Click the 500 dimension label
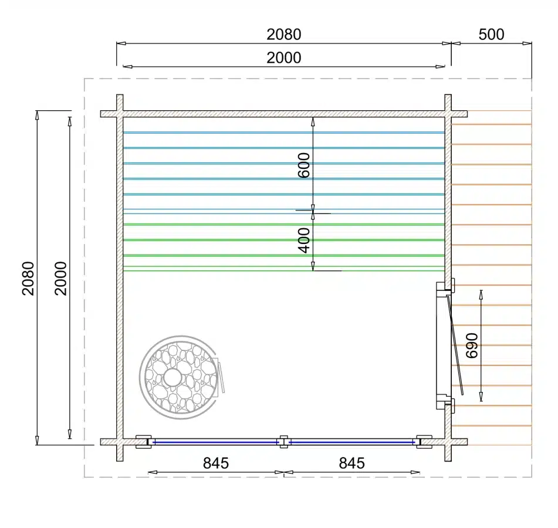coord(491,35)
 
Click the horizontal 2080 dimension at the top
coord(283,35)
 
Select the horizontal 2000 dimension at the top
coord(283,57)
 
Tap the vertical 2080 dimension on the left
coord(29,278)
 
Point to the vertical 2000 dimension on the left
coord(61,278)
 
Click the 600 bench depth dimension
coord(304,165)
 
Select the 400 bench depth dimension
coord(304,241)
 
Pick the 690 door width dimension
coord(472,346)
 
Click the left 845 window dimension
coord(216,463)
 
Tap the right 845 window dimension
coord(351,463)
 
